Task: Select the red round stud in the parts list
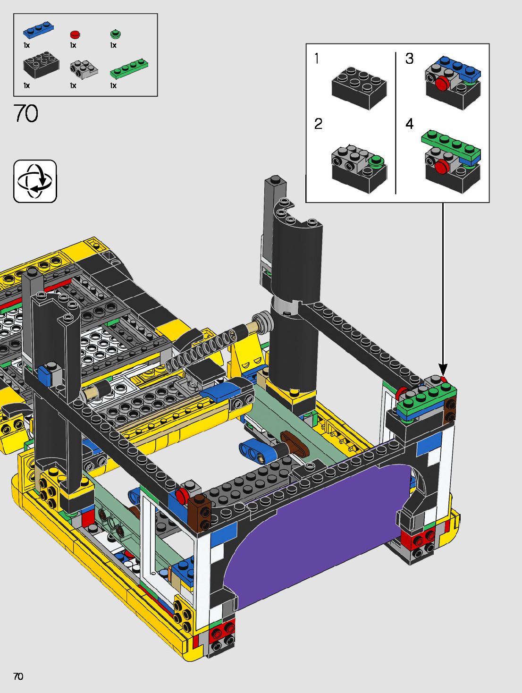point(75,34)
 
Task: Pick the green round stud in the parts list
point(116,34)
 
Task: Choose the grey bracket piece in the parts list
point(84,70)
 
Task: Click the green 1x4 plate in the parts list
point(129,68)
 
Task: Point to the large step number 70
point(25,113)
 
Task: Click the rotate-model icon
point(35,181)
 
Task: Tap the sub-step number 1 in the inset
point(317,59)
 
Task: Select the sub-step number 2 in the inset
point(318,124)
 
